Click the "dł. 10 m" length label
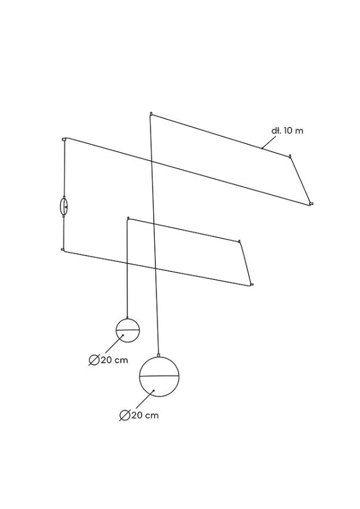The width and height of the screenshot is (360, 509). [x=287, y=131]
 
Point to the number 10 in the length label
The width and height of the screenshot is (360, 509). [x=288, y=131]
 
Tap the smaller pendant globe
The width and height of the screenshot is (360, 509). [x=128, y=330]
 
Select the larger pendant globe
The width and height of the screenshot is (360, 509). [x=159, y=377]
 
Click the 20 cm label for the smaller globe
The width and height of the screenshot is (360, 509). [x=114, y=360]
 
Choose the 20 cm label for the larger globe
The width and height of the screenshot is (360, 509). [x=145, y=415]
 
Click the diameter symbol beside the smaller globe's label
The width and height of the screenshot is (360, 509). [x=94, y=360]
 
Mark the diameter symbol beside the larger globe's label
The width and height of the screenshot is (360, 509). [x=125, y=416]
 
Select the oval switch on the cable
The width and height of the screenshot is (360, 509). [x=63, y=206]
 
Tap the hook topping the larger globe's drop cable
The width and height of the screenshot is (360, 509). [x=151, y=114]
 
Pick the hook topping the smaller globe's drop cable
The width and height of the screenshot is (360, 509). [x=128, y=218]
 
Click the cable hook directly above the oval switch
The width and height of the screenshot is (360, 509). [x=64, y=139]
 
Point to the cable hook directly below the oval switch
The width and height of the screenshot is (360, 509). [x=63, y=249]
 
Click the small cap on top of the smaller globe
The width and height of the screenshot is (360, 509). [x=127, y=317]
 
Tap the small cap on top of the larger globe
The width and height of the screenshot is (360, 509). [x=159, y=355]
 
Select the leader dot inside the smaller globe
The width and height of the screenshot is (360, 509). [x=123, y=335]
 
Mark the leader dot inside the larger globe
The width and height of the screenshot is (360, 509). [x=154, y=390]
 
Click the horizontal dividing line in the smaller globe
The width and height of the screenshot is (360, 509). [x=128, y=330]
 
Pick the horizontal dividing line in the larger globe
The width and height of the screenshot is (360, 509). [x=159, y=376]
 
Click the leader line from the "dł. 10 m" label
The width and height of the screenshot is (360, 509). [x=269, y=142]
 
